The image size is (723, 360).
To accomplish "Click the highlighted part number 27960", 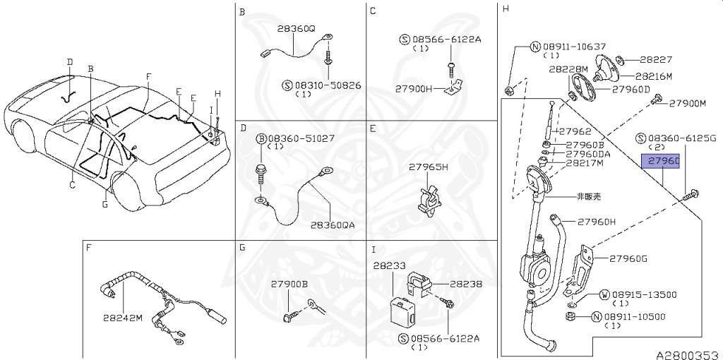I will [659, 162].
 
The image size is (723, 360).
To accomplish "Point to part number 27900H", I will [413, 88].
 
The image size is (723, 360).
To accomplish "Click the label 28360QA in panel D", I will [332, 226].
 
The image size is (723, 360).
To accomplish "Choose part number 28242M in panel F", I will [124, 317].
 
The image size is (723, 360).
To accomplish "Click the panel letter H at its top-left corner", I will [505, 9].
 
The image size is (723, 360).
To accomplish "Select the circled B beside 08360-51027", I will [261, 139].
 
